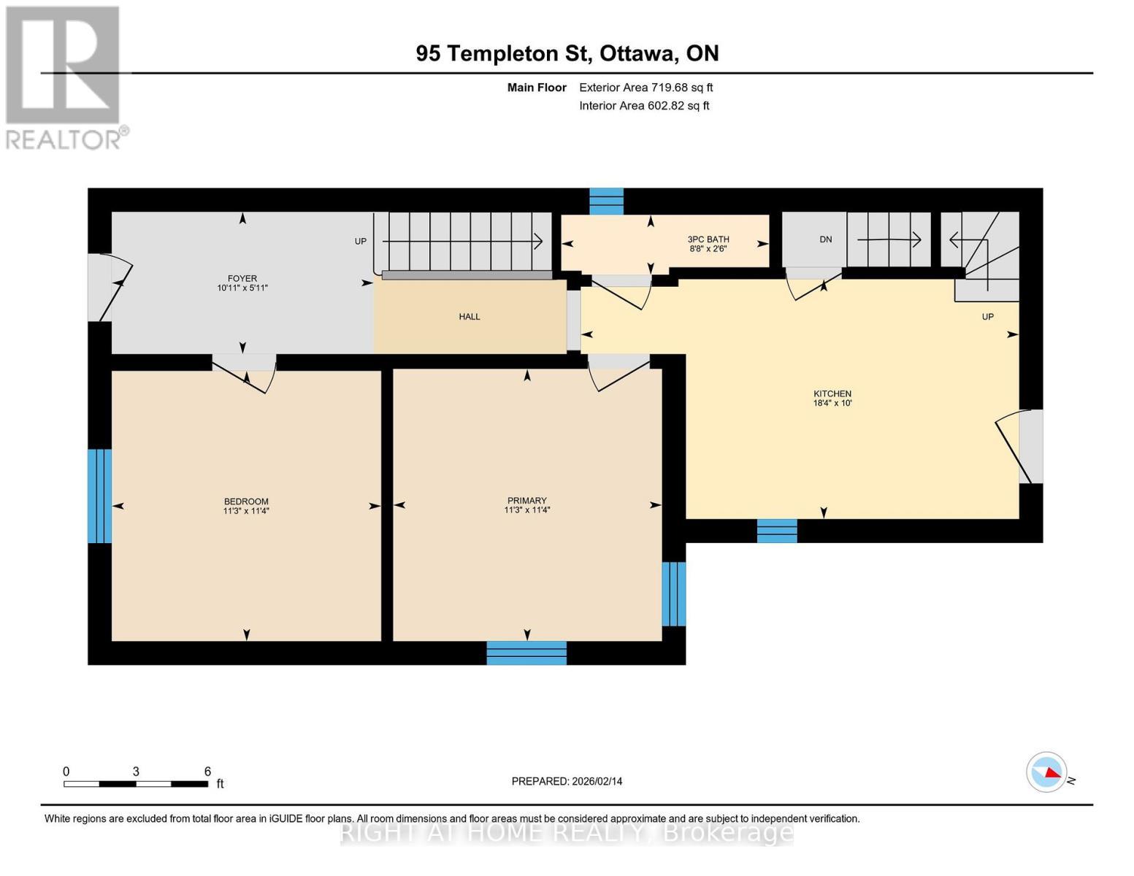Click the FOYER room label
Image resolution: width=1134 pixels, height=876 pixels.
point(242,278)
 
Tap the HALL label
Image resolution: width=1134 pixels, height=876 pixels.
point(470,317)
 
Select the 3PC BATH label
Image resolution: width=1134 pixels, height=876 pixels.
point(708,239)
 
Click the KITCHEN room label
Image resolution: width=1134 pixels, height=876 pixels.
point(832,393)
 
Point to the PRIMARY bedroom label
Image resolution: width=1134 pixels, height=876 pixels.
point(526,501)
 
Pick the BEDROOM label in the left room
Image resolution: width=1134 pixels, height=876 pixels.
point(246,502)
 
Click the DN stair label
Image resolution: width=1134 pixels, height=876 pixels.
point(825,239)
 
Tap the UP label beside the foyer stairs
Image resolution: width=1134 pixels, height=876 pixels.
point(361,242)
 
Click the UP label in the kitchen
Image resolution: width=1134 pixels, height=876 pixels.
point(987,317)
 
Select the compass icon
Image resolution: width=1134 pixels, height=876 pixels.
point(1046,772)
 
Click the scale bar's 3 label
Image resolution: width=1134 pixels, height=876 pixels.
point(136,772)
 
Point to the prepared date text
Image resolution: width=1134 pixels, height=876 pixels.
point(567,781)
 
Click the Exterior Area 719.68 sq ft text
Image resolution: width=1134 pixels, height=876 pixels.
point(645,88)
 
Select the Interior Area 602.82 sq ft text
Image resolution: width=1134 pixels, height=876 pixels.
point(644,106)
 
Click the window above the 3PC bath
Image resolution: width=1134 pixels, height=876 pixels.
point(606,201)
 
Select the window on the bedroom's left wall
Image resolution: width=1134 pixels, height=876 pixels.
point(99,496)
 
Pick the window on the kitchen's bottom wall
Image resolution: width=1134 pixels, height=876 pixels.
point(777,531)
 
